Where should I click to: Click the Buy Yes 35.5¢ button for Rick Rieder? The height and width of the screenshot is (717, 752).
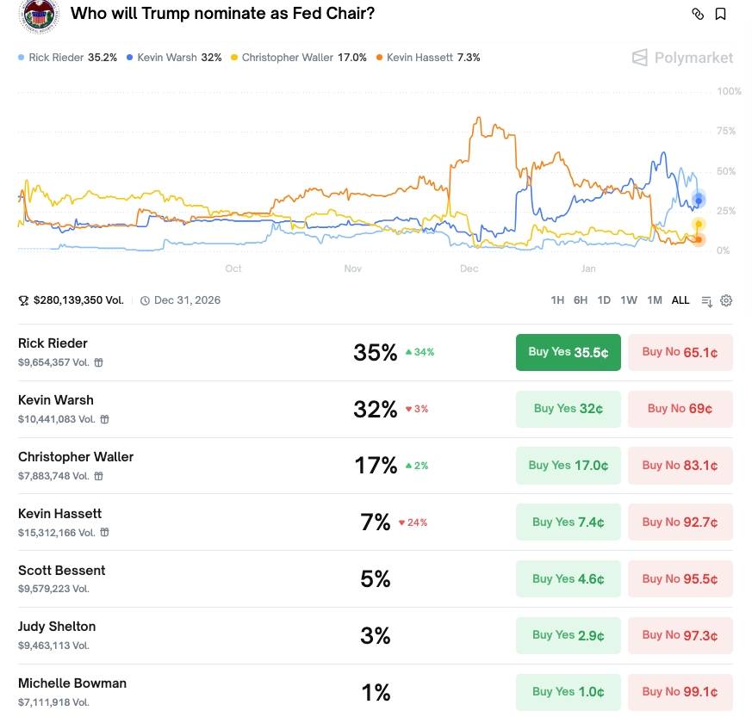tap(568, 352)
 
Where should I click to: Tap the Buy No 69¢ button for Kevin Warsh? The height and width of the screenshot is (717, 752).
tap(680, 409)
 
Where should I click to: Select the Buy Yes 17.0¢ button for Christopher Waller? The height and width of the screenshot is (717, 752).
tap(568, 466)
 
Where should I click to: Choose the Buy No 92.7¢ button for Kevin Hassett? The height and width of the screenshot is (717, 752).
tap(680, 522)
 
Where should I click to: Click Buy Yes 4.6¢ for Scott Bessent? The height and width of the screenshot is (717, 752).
tap(568, 579)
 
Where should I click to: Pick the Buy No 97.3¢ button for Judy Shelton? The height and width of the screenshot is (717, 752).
tap(680, 635)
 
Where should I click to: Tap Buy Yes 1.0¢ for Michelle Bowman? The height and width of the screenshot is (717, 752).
tap(568, 692)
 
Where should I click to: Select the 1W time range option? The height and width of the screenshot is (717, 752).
tap(629, 300)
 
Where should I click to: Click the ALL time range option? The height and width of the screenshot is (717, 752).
tap(681, 300)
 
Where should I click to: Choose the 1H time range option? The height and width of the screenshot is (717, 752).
tap(557, 300)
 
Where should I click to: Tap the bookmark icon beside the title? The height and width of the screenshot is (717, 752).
tap(721, 14)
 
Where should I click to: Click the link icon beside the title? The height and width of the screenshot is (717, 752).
tap(698, 14)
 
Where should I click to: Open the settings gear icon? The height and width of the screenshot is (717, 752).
tap(726, 300)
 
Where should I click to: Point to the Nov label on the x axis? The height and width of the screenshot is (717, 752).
tap(352, 269)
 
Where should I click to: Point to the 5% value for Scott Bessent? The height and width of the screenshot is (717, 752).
tap(376, 579)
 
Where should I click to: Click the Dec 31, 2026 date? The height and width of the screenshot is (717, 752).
tap(187, 300)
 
